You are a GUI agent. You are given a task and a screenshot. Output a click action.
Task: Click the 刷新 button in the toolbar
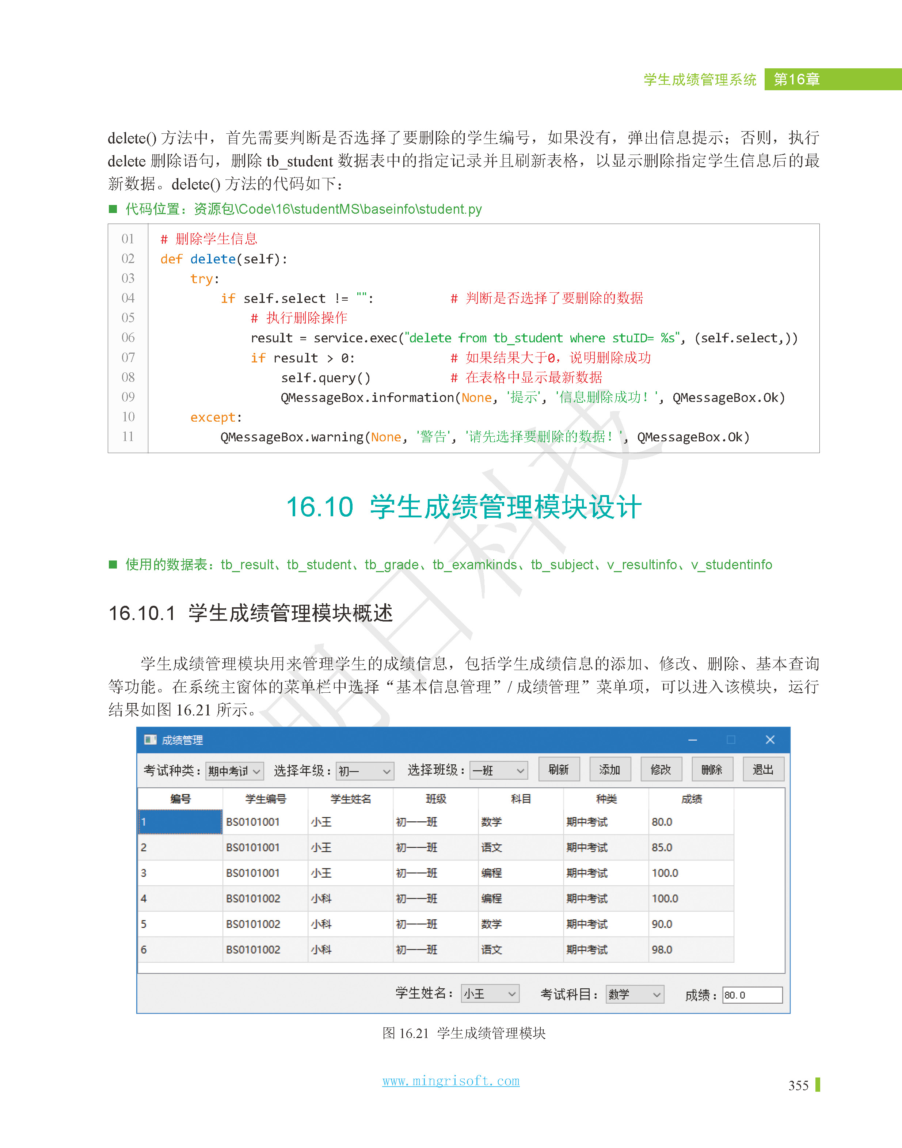point(559,769)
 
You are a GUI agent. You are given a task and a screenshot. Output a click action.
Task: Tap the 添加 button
point(609,769)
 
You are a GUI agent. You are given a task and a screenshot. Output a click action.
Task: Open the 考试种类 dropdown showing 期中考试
point(234,771)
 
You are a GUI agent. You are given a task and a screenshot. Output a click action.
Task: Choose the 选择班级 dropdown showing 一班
point(499,771)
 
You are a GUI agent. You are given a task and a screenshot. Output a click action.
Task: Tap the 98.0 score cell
point(662,950)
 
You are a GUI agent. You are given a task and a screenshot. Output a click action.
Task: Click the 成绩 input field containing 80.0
point(751,995)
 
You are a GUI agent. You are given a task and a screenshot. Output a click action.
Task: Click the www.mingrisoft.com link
point(450,1081)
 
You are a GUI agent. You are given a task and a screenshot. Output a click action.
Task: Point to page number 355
point(798,1086)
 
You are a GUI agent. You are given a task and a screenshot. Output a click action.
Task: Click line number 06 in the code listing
point(128,338)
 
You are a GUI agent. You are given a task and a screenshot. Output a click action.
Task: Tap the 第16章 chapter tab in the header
point(796,79)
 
